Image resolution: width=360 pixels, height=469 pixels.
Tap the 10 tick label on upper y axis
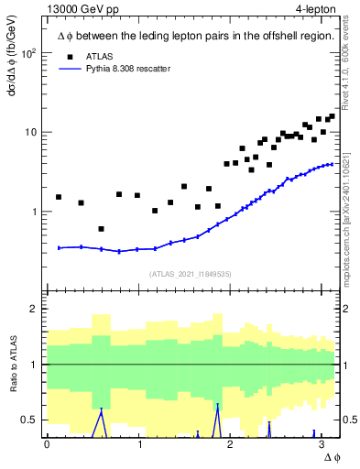pos(31,132)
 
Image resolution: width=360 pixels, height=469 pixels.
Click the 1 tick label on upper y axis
pos(34,212)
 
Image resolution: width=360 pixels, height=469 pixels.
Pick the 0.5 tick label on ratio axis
pos(29,420)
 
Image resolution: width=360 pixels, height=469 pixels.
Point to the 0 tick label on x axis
pos(47,444)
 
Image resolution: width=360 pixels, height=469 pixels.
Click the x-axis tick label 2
pos(230,444)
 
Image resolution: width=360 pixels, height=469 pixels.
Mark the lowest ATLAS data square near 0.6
pos(101,229)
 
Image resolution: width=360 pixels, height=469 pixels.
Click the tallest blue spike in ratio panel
pos(217,406)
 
